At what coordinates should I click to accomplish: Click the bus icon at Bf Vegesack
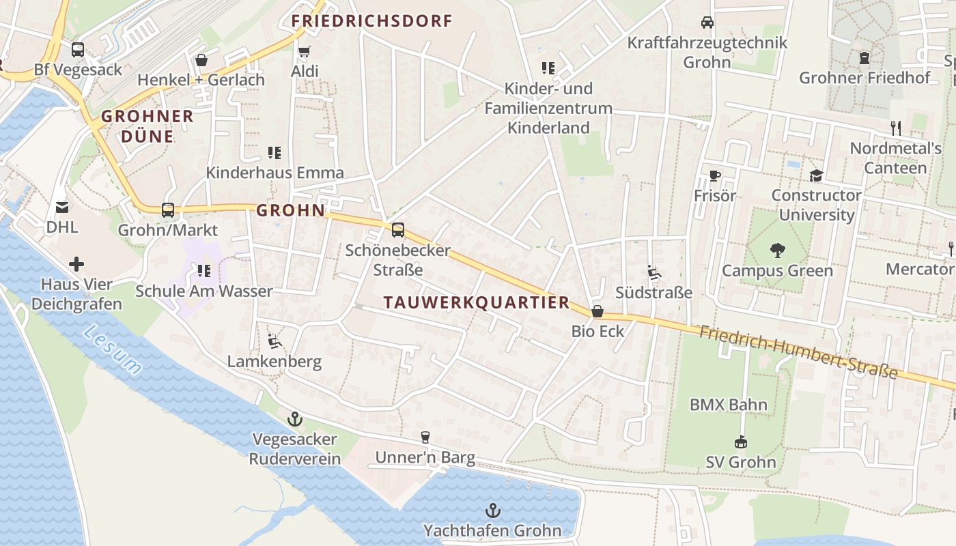(78, 50)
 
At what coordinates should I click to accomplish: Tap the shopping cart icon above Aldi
(305, 52)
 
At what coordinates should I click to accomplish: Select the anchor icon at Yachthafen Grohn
(492, 511)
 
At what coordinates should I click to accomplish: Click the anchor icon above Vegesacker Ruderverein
(295, 418)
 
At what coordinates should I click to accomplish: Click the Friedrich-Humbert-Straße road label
(798, 352)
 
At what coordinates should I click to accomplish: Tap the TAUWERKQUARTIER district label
(476, 302)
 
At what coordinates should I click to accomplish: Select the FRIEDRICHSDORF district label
(372, 21)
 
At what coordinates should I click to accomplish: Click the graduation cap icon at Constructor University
(816, 176)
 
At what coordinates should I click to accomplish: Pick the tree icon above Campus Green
(777, 250)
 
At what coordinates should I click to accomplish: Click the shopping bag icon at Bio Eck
(598, 311)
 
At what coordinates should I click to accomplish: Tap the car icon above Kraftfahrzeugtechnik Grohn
(707, 23)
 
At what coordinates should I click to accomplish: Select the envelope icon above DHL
(62, 207)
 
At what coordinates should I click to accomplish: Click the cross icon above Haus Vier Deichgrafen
(76, 263)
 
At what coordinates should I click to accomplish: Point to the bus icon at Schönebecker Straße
(397, 230)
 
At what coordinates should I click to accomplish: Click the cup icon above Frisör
(715, 176)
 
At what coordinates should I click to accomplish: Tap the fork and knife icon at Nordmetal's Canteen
(896, 128)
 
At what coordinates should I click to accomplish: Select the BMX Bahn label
(728, 405)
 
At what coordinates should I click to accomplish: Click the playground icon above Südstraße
(654, 273)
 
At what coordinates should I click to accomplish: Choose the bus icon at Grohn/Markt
(168, 210)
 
